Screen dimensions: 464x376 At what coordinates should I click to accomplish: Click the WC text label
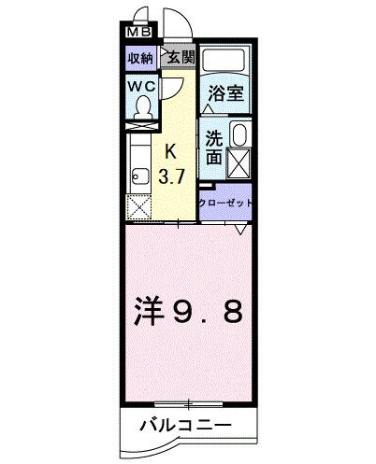143,86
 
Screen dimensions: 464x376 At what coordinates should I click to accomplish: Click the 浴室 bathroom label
224,93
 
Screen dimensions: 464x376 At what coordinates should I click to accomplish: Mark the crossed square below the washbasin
238,164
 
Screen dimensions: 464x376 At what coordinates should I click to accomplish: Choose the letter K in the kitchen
170,152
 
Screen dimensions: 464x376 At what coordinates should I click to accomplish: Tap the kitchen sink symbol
139,174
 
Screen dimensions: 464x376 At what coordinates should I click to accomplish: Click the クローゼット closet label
225,203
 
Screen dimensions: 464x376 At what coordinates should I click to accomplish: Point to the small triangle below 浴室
208,111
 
